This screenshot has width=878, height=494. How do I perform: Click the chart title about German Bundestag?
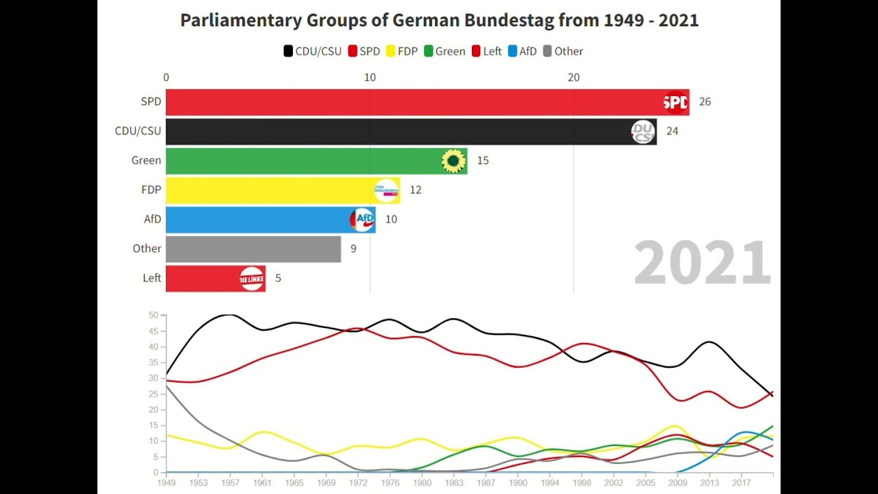[x=439, y=21]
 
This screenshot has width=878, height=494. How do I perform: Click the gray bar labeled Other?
[x=253, y=249]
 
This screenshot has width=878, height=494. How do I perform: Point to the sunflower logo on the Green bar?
[x=453, y=161]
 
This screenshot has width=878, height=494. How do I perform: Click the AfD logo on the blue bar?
[x=362, y=220]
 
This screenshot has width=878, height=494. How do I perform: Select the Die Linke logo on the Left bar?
[x=252, y=279]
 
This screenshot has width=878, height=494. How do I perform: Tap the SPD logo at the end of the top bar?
[x=676, y=102]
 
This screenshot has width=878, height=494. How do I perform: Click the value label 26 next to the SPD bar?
[x=704, y=102]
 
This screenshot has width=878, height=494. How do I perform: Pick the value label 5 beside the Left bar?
[x=278, y=279]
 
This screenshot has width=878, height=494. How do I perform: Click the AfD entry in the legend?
[x=522, y=51]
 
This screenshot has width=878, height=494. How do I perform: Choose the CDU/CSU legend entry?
[x=313, y=51]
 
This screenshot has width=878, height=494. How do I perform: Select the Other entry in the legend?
[x=562, y=51]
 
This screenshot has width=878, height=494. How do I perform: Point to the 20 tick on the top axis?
[x=573, y=78]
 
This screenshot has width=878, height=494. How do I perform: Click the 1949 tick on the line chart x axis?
[x=167, y=483]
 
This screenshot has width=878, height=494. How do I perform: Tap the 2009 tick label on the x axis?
[x=678, y=483]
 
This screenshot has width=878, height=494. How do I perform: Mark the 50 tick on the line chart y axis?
[x=154, y=316]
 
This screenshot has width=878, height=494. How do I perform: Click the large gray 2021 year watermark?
[x=702, y=263]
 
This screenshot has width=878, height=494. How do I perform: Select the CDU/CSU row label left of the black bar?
[x=138, y=131]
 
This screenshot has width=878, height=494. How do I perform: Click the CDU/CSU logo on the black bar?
[x=643, y=132]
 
